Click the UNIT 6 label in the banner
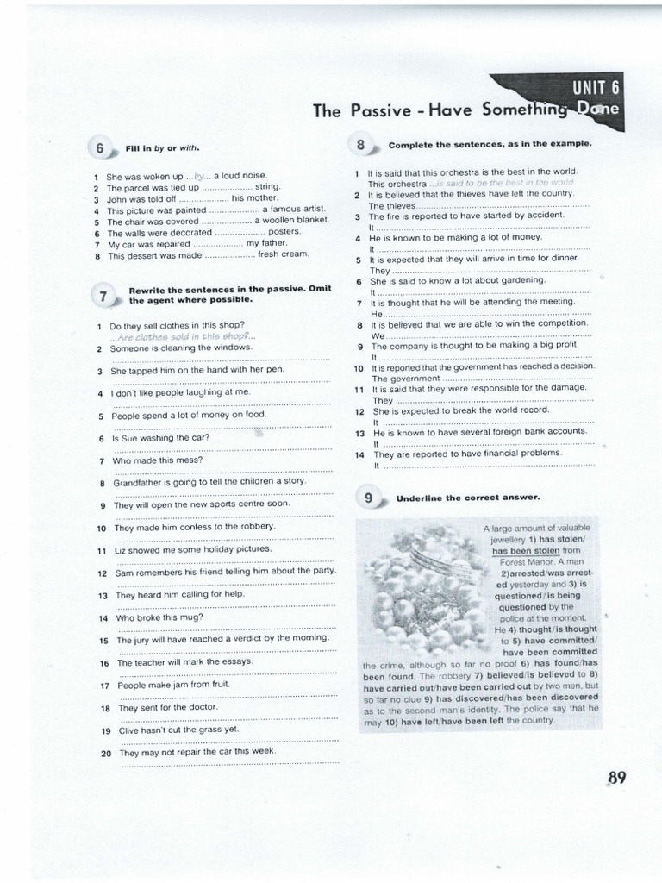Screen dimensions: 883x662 594,87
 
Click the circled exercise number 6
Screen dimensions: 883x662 100,148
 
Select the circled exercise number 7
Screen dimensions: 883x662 103,296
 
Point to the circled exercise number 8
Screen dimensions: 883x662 360,144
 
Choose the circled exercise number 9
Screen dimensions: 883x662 368,498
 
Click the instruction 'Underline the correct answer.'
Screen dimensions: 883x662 468,498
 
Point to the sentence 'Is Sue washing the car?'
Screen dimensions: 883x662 161,437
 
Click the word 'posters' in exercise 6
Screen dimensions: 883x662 284,232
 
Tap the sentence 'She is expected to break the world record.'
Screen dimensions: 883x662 456,410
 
